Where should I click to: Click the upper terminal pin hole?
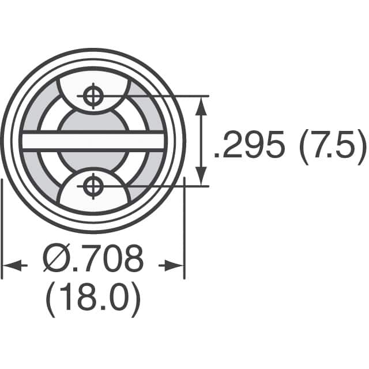tap(92, 96)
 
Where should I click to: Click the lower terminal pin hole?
tap(92, 186)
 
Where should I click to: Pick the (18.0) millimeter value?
tap(92, 300)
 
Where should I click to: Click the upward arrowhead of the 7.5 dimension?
tap(201, 105)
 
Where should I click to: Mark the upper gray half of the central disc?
tap(92, 122)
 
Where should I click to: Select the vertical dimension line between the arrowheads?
tap(201, 141)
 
